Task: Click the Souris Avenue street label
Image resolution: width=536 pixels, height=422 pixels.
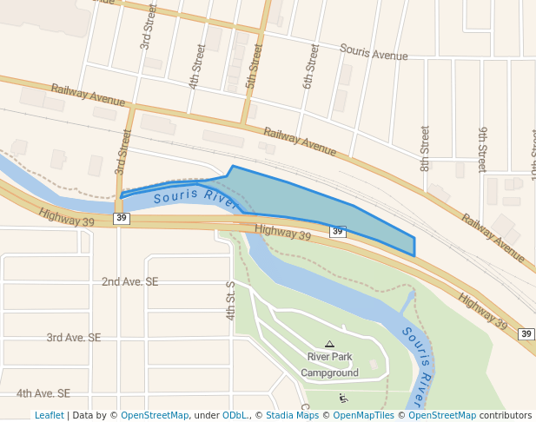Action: click(374, 52)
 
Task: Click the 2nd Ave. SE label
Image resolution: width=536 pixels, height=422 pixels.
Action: click(129, 282)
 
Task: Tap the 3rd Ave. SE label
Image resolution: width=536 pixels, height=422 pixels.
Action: click(74, 338)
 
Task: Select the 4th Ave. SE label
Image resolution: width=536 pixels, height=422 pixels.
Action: click(43, 393)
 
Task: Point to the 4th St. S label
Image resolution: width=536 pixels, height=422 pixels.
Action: click(231, 300)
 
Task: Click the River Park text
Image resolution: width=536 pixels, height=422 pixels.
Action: click(329, 357)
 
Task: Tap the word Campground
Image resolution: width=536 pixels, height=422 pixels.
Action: click(329, 373)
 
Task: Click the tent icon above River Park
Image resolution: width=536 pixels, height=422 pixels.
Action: click(329, 344)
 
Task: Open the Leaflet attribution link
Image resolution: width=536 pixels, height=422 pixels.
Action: click(49, 415)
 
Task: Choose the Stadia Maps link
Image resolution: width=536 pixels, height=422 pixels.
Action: click(292, 415)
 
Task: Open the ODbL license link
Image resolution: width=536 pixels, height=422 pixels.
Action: click(235, 415)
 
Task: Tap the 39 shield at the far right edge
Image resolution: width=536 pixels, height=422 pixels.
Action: click(526, 333)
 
